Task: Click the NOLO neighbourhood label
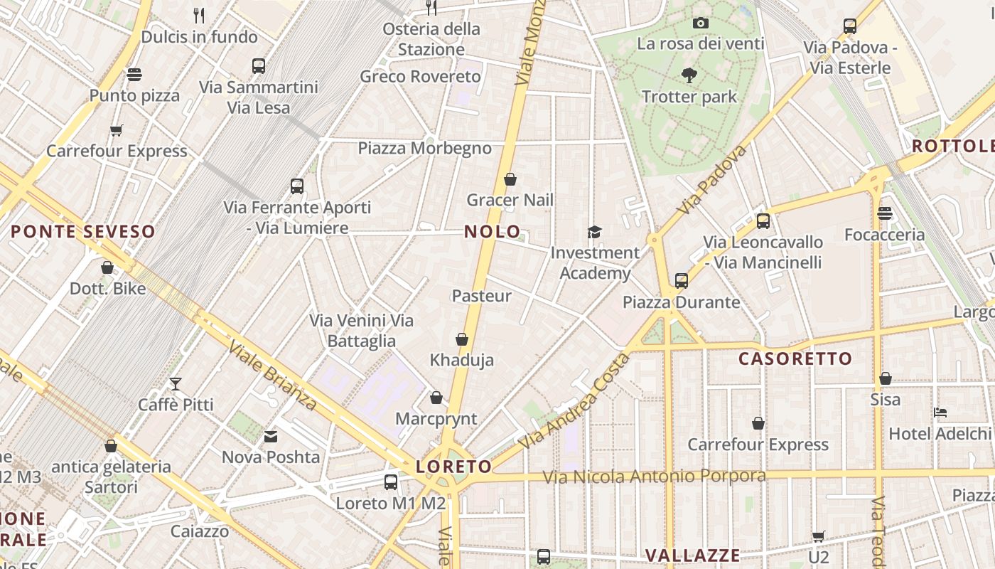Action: (x=492, y=231)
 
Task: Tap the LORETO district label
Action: (x=453, y=467)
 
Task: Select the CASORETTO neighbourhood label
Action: (x=795, y=358)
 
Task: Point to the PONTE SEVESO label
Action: (x=83, y=231)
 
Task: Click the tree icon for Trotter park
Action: (x=689, y=75)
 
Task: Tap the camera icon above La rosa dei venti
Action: (x=701, y=23)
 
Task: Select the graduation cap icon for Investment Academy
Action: (x=594, y=232)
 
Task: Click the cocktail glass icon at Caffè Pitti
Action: (x=176, y=384)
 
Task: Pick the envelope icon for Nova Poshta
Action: (x=271, y=436)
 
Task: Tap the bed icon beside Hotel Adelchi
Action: (x=940, y=413)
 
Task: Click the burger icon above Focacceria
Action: (x=884, y=213)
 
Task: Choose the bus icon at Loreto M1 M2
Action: (x=391, y=482)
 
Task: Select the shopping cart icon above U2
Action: (x=819, y=536)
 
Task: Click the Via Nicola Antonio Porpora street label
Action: (x=654, y=476)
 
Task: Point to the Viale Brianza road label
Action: (x=273, y=376)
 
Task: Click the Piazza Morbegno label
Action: (x=424, y=148)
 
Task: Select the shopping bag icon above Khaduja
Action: (x=462, y=339)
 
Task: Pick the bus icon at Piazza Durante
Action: (x=682, y=281)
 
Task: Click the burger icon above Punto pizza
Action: (x=134, y=75)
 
